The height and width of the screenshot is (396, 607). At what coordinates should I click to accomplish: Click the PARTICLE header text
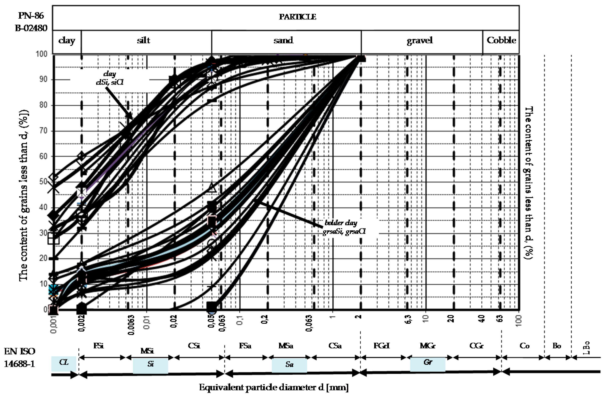tap(297, 17)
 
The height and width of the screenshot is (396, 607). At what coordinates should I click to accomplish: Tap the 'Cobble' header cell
tap(501, 40)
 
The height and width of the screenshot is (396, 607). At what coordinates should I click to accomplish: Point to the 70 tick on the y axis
tap(43, 131)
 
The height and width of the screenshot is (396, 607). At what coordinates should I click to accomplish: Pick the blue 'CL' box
tap(64, 363)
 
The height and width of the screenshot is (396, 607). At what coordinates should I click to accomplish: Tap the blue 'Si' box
tap(150, 365)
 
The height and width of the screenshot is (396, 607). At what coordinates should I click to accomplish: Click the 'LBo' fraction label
tap(587, 348)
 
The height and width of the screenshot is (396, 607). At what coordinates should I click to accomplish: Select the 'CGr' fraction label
tap(476, 346)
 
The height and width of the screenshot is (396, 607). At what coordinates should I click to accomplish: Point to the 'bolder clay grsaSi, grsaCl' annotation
tap(344, 227)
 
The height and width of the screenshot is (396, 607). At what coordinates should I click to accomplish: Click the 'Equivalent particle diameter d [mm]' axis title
tap(274, 388)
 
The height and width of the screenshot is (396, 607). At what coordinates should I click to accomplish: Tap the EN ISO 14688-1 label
tap(19, 357)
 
